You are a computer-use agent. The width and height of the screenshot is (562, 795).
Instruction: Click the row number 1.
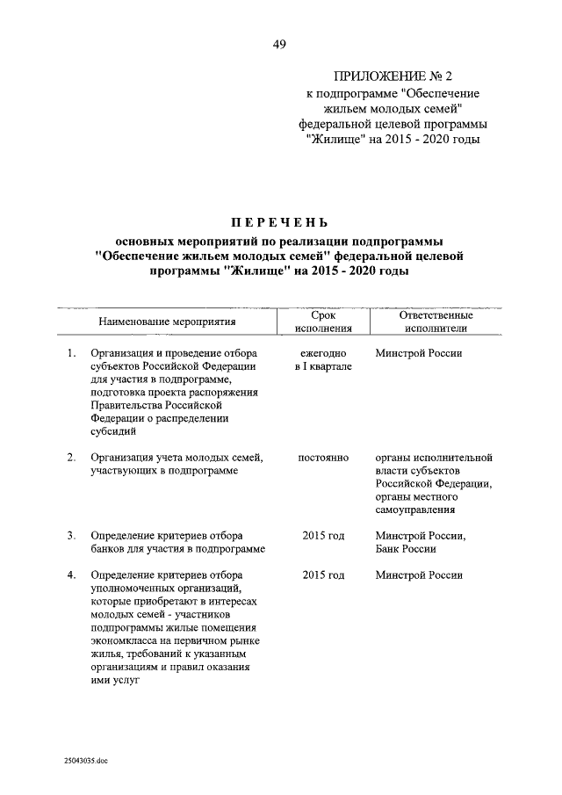click(x=71, y=354)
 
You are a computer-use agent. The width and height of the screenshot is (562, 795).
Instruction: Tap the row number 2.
click(x=71, y=458)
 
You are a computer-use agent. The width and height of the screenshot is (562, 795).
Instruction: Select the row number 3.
click(x=71, y=536)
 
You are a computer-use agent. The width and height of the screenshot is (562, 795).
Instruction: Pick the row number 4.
click(x=71, y=575)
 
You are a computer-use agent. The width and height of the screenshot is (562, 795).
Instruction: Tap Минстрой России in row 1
click(x=418, y=354)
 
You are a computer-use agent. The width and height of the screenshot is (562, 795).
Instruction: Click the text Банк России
click(x=405, y=549)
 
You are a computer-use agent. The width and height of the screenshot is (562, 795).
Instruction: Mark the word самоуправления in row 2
click(x=416, y=510)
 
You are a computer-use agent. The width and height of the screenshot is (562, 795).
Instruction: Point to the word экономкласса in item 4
click(x=125, y=640)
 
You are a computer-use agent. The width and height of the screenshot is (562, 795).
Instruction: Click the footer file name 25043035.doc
click(x=85, y=761)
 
